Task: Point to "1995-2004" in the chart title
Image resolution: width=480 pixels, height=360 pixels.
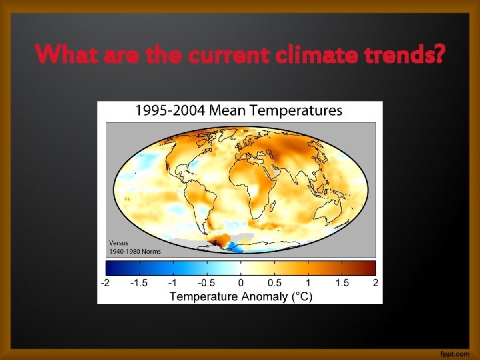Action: point(169,111)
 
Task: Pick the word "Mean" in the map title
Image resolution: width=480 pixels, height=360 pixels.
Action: point(229,111)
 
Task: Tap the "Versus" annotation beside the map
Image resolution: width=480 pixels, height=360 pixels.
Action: point(119,243)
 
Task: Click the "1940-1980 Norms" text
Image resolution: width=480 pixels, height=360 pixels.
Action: point(134,251)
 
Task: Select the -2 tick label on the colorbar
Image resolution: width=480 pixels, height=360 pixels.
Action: point(105,283)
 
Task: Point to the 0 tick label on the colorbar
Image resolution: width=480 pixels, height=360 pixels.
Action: point(240,283)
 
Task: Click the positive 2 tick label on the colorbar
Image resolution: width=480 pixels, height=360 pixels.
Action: point(375,283)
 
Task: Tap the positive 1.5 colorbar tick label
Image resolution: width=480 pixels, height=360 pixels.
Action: point(341,283)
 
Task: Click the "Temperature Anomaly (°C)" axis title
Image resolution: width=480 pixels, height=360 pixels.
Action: point(240,295)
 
